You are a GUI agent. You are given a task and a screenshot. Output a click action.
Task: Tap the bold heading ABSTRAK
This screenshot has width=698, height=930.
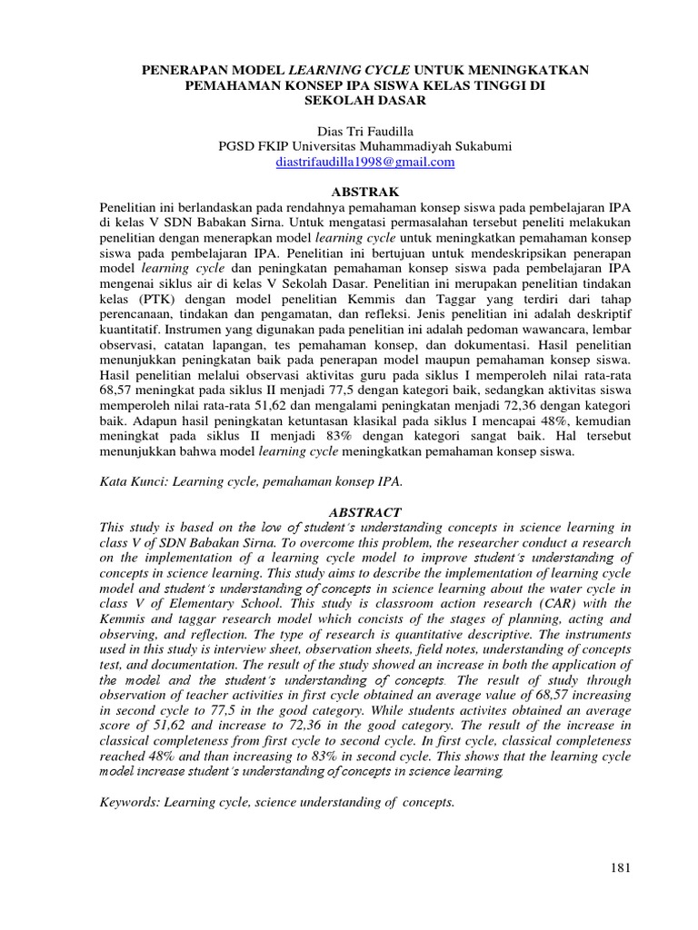350,193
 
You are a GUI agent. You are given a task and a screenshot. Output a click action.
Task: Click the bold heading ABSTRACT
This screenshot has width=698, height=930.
350,512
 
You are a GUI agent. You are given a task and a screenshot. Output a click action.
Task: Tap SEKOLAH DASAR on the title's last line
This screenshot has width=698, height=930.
350,101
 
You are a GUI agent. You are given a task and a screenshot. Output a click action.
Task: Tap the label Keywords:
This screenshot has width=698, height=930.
129,803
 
